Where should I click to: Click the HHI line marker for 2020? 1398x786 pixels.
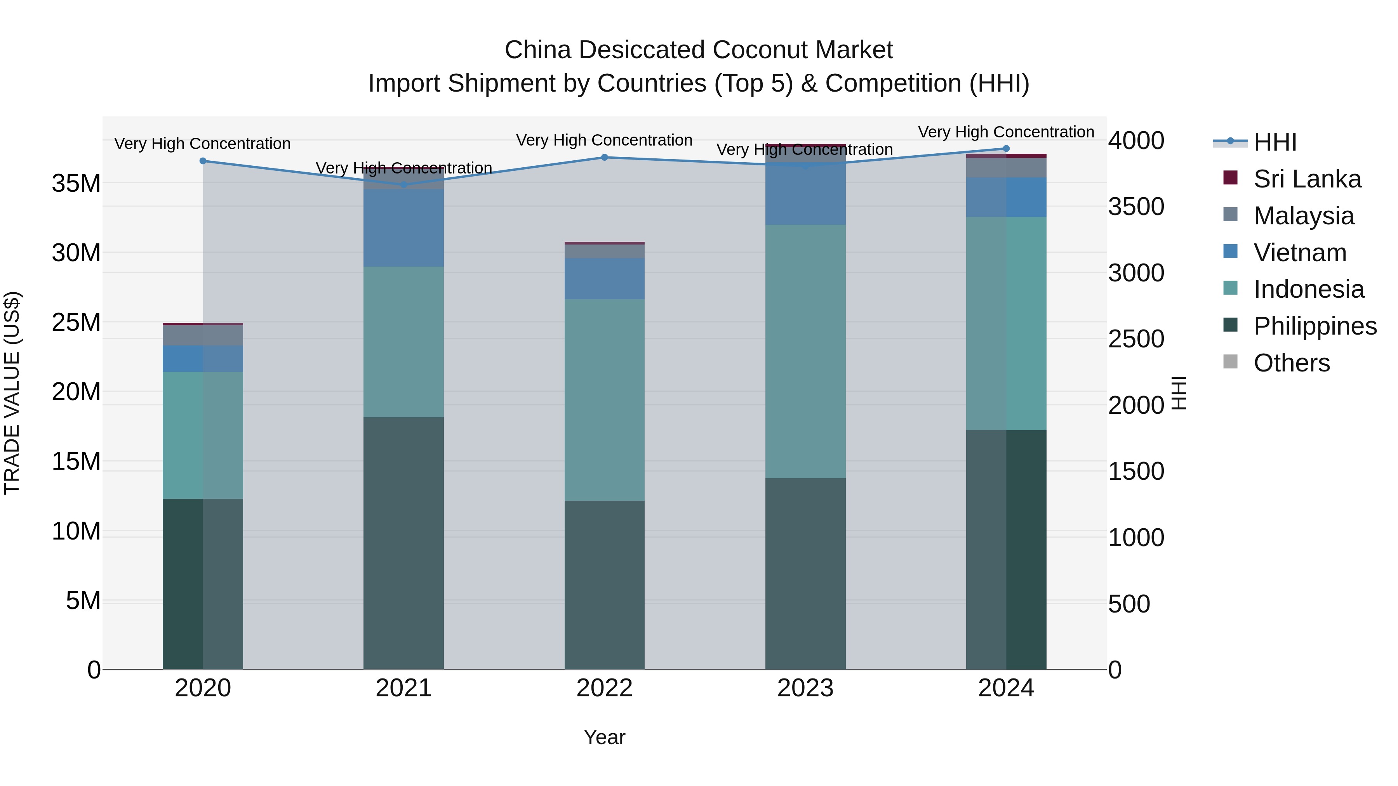(x=203, y=161)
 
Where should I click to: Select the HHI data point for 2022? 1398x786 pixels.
(x=605, y=157)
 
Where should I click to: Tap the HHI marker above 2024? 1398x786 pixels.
(x=1006, y=149)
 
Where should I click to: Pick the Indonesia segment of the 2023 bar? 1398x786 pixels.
(x=805, y=352)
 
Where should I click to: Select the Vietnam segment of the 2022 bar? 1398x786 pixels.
(x=605, y=279)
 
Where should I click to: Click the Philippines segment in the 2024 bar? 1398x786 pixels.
(x=1006, y=549)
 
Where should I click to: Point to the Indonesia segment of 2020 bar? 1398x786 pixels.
(x=203, y=435)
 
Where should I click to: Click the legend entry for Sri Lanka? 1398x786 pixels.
(x=1307, y=179)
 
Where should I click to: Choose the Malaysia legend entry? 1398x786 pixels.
(x=1304, y=216)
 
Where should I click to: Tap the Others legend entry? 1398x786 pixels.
(x=1291, y=363)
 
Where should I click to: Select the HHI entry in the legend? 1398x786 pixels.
(x=1275, y=142)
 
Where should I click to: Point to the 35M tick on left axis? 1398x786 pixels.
(x=76, y=183)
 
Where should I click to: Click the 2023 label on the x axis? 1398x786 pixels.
(x=805, y=688)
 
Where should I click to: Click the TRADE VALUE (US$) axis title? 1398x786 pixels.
(x=12, y=393)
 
